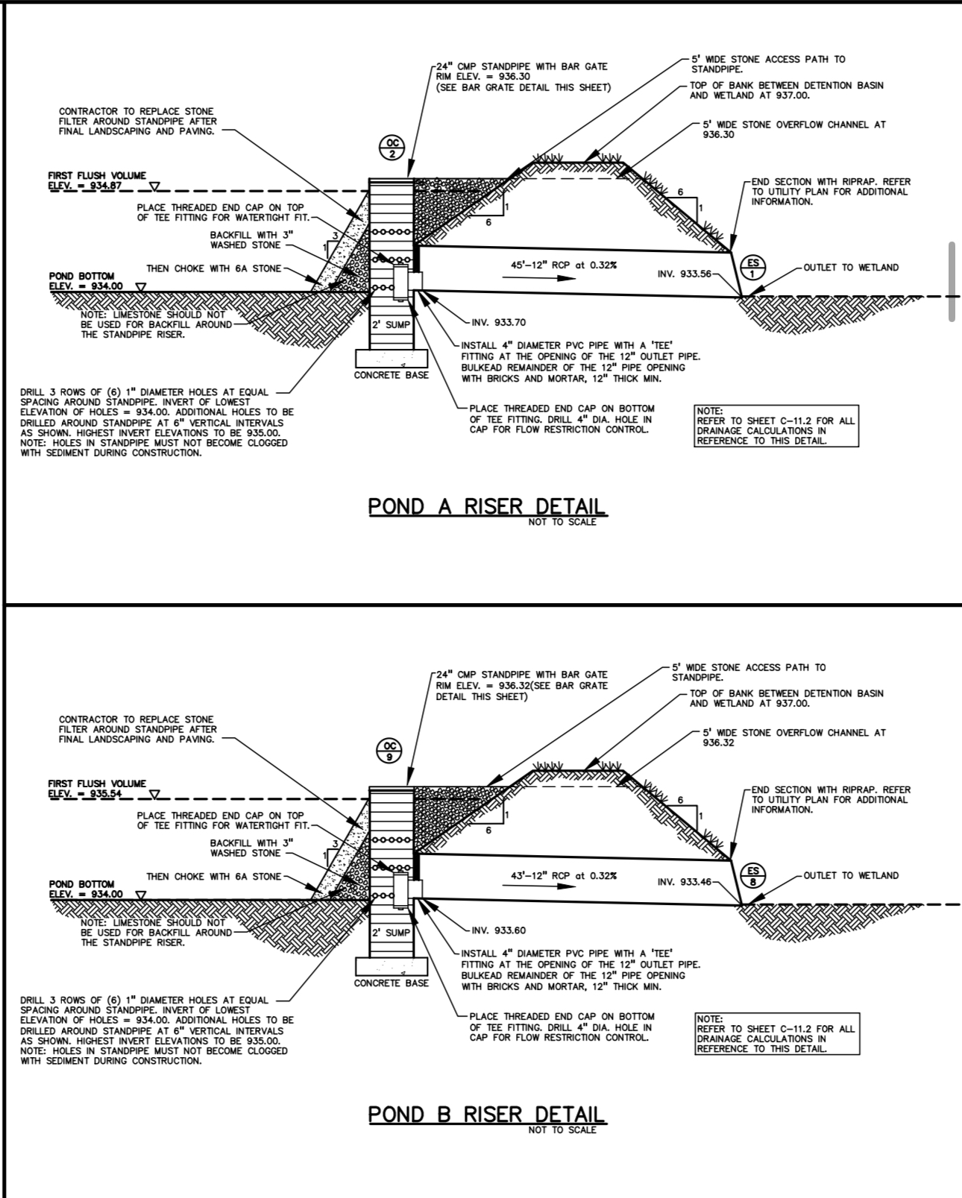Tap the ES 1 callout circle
point(752,268)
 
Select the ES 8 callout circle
point(752,876)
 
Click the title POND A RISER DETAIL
point(487,507)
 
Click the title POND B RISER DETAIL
point(487,1115)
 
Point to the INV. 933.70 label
point(499,322)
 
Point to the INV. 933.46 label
point(684,882)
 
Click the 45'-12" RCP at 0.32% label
point(564,265)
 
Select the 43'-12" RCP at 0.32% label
point(564,876)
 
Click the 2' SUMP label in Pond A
point(391,324)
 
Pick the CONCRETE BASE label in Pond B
point(391,983)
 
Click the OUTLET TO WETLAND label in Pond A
point(851,267)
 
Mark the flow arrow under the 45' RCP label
point(538,277)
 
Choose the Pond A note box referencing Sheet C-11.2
point(776,426)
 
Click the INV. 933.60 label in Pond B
point(499,930)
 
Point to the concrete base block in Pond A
point(391,358)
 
